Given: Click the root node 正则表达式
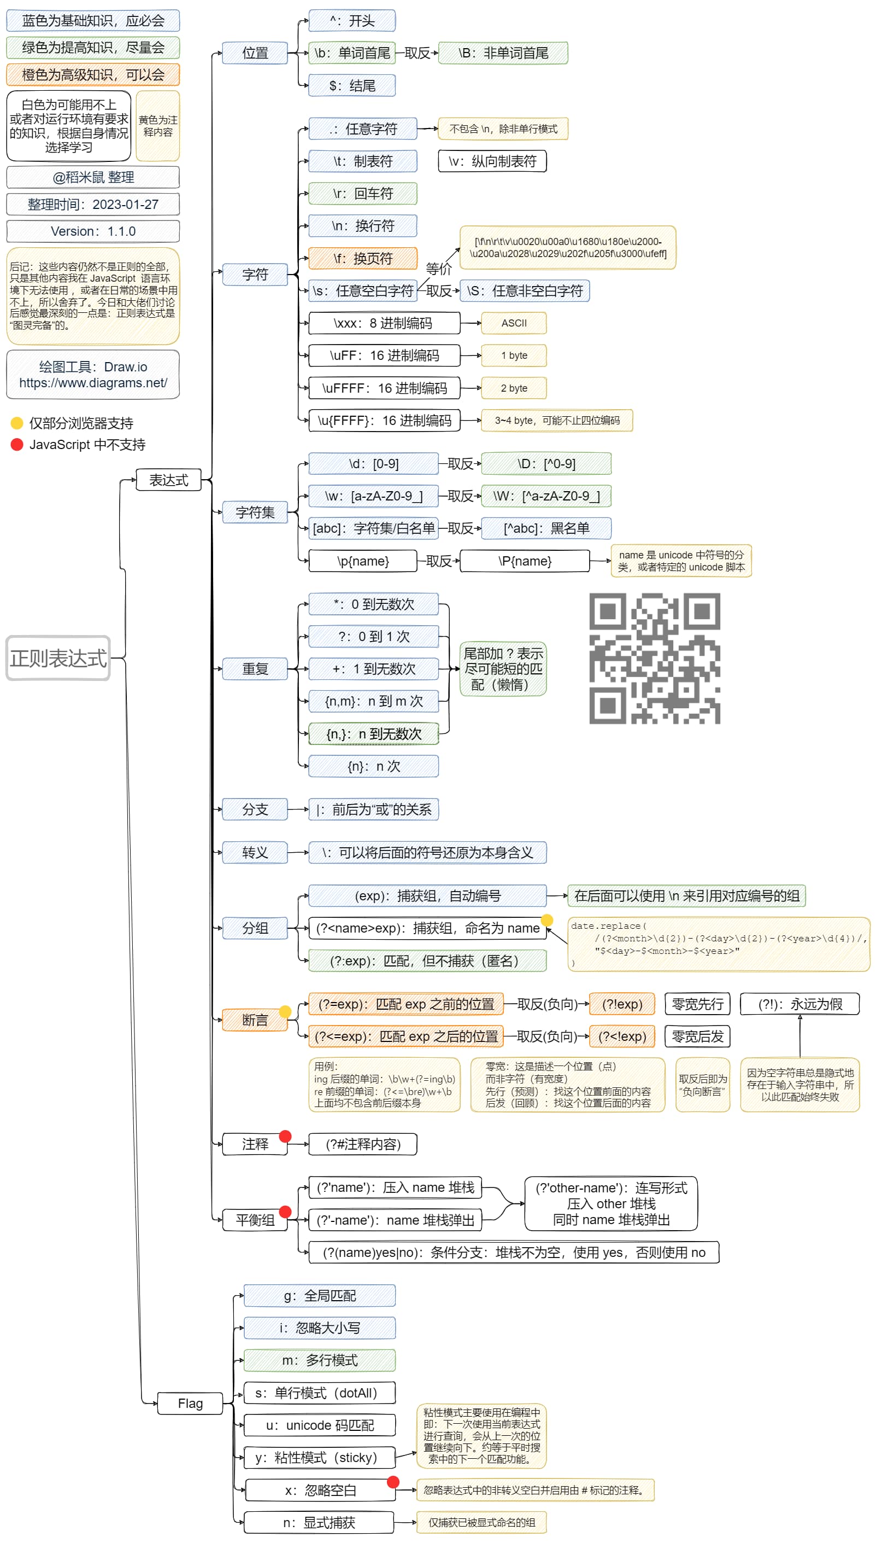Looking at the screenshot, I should [58, 658].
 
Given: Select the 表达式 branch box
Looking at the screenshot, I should [168, 480].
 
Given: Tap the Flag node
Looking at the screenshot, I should [190, 1404].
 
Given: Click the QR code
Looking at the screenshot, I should [655, 658].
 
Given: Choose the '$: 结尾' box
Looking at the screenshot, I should [352, 85].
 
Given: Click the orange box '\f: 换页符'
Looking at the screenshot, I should [363, 258].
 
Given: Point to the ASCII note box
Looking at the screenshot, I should [514, 323].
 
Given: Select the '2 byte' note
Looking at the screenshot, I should [514, 388].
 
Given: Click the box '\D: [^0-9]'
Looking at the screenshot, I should [546, 464].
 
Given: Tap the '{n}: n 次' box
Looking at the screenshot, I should [374, 766].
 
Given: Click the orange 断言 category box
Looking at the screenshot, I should [255, 1020].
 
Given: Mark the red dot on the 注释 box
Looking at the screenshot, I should [286, 1136].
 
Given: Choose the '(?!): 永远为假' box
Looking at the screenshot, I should [799, 1004].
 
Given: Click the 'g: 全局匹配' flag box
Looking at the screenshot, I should [320, 1296].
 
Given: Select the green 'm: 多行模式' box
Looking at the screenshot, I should [320, 1360].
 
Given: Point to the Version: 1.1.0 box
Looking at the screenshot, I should [93, 231].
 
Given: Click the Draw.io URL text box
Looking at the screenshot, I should [93, 375].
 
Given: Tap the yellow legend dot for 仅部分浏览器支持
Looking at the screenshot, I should [17, 423].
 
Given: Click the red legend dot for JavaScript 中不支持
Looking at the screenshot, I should [17, 444].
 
